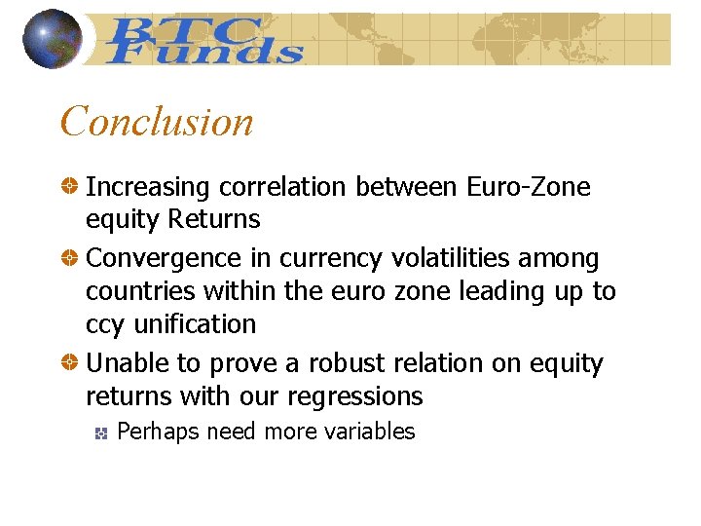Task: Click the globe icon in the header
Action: click(x=52, y=38)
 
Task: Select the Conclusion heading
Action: click(x=157, y=122)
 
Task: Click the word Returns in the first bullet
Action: click(x=214, y=219)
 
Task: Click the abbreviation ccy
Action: click(x=104, y=325)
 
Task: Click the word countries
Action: click(x=138, y=291)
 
